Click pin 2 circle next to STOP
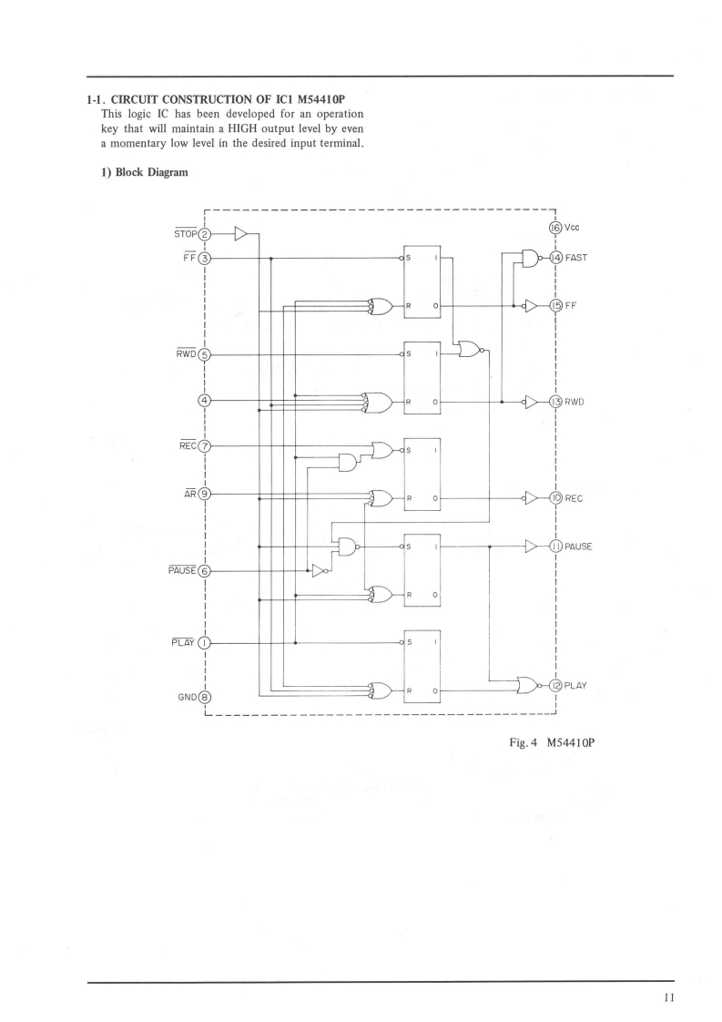[x=205, y=234]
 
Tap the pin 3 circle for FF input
[x=205, y=258]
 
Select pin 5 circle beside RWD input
[x=205, y=354]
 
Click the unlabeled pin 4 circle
[x=205, y=400]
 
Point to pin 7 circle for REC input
[x=205, y=446]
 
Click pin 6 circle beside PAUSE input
[x=205, y=571]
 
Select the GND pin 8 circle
[x=205, y=698]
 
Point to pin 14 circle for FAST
[x=554, y=258]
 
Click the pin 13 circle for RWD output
[x=554, y=400]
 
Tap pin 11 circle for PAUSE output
[x=554, y=547]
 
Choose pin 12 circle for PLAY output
[x=554, y=685]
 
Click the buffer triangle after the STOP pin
[x=240, y=234]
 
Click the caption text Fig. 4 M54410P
[x=552, y=742]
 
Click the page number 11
[x=668, y=998]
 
